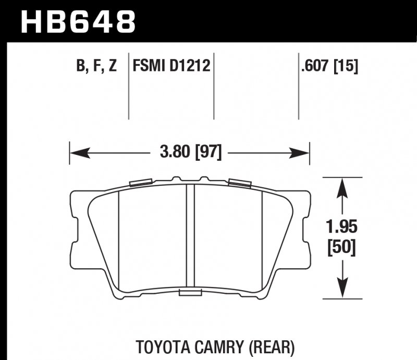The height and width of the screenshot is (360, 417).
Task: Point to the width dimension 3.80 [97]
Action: coord(190,153)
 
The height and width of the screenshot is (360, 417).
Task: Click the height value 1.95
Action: coord(342,229)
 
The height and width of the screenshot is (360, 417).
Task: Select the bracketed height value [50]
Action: coord(342,248)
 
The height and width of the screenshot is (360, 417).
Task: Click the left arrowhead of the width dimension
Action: coord(76,153)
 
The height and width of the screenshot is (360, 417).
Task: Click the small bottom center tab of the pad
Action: coord(190,293)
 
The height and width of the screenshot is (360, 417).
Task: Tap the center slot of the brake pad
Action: coord(190,237)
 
